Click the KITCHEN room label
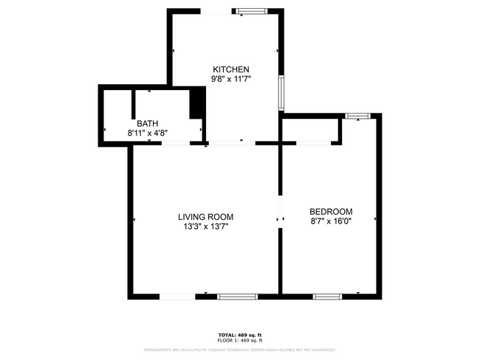[x=226, y=69]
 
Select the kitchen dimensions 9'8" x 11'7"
[x=226, y=79]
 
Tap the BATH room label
[x=147, y=123]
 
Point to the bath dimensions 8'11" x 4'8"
[x=147, y=133]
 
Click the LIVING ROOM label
[x=205, y=217]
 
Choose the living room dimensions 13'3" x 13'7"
[x=205, y=227]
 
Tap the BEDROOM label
[x=330, y=211]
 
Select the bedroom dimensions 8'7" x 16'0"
[x=330, y=221]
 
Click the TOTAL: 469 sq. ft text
[x=239, y=334]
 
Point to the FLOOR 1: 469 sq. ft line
[x=239, y=340]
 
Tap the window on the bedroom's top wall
[x=357, y=116]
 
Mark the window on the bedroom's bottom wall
[x=327, y=296]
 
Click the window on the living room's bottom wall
[x=237, y=296]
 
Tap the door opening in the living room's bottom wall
[x=178, y=296]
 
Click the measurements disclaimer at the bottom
[x=239, y=350]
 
